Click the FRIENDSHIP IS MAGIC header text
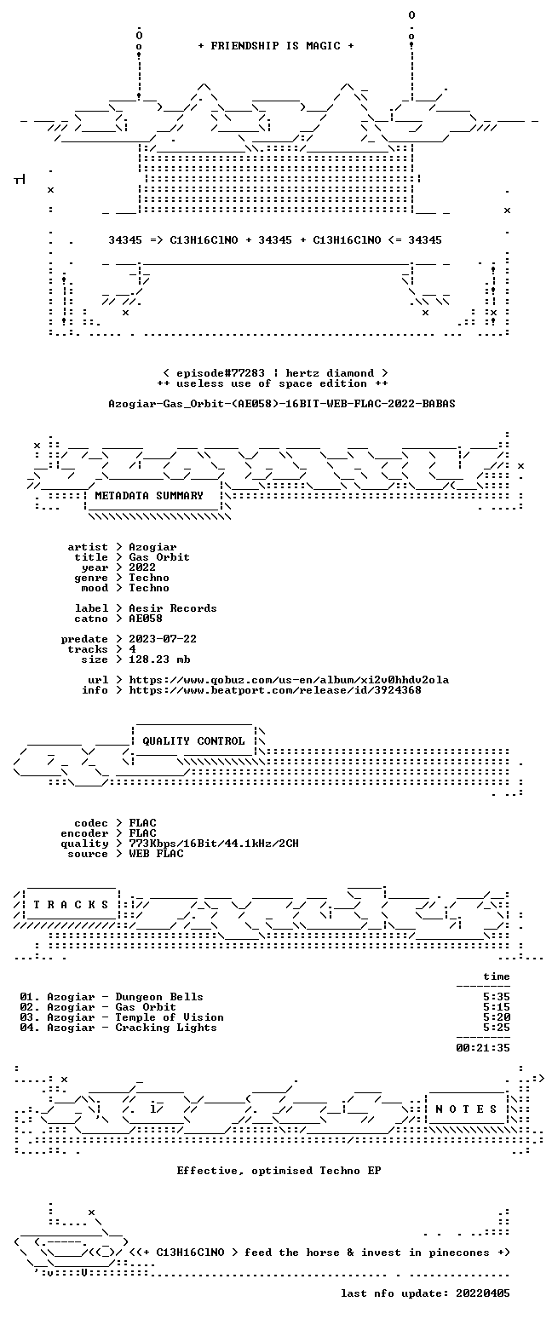click(276, 46)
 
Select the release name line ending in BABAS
click(282, 404)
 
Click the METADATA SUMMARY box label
click(149, 496)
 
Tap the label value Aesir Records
click(173, 608)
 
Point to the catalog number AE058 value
click(146, 619)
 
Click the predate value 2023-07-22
click(163, 639)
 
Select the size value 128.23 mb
click(159, 659)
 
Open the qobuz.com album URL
click(289, 680)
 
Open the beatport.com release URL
click(275, 690)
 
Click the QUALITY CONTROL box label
click(193, 741)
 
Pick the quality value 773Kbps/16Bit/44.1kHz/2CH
click(214, 844)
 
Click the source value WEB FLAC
click(156, 854)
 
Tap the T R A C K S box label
click(72, 905)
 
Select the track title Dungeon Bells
click(159, 997)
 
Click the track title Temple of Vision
click(170, 1017)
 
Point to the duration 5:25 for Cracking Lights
click(497, 1028)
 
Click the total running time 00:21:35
click(483, 1048)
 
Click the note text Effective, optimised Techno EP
click(279, 1171)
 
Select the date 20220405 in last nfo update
click(483, 1293)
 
